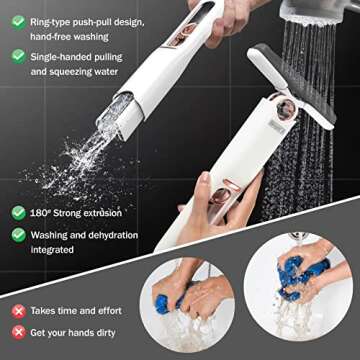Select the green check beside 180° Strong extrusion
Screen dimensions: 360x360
point(18,212)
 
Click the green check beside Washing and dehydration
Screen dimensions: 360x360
point(18,234)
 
